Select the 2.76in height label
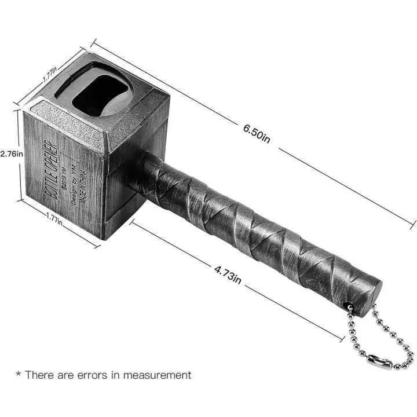[12, 154]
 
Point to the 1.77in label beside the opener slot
[50, 74]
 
